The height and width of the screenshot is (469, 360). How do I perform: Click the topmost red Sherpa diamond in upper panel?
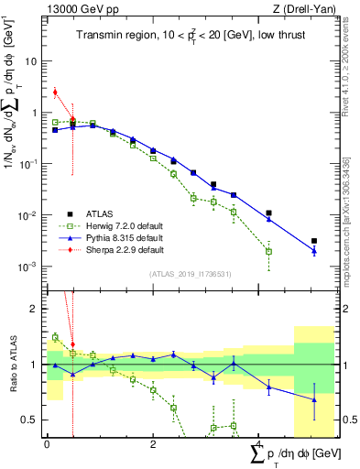(x=55, y=92)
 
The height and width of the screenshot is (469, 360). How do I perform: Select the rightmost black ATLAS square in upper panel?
(x=314, y=241)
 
